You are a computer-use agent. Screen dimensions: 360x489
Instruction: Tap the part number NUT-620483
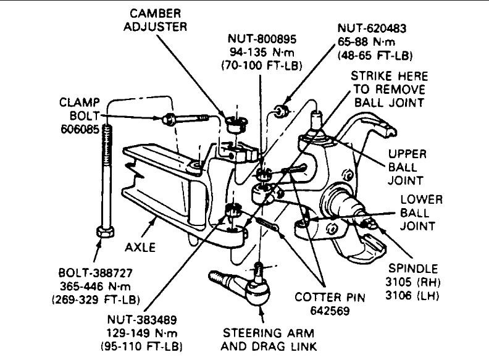coord(375,29)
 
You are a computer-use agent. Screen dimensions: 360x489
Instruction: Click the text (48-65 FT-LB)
coord(375,54)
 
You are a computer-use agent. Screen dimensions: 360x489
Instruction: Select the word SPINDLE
coord(413,269)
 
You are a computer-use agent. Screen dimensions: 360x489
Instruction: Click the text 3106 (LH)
coord(413,295)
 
